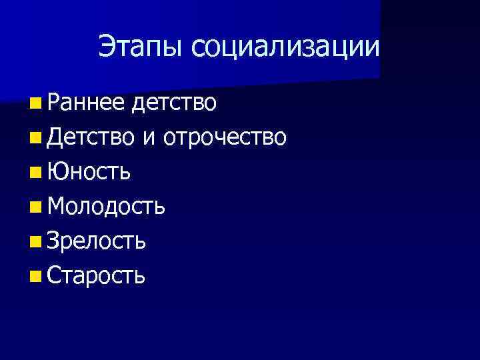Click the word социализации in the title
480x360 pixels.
pyautogui.click(x=285, y=47)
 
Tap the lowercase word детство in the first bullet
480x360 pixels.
pyautogui.click(x=175, y=102)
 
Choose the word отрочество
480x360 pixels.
pyautogui.click(x=225, y=137)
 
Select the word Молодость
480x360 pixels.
pyautogui.click(x=107, y=206)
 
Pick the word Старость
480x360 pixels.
pyautogui.click(x=97, y=274)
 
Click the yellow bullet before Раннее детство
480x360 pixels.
pyautogui.click(x=35, y=103)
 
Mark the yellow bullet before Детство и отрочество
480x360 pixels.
pyautogui.click(x=35, y=137)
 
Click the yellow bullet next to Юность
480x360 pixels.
pyautogui.click(x=35, y=172)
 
